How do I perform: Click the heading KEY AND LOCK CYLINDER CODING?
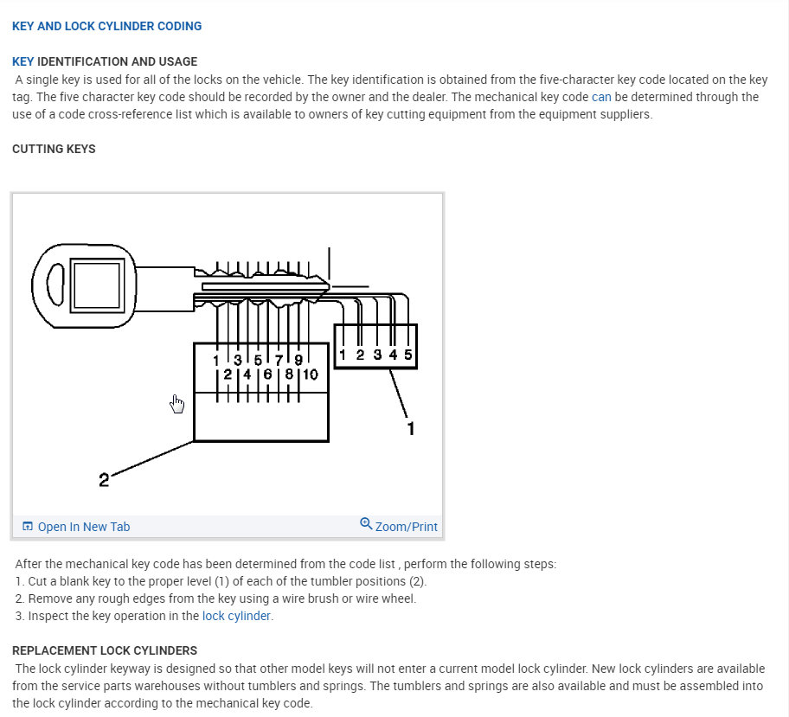(106, 26)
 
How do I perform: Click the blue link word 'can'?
(601, 97)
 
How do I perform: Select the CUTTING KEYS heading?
(54, 149)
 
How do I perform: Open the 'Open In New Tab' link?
(83, 527)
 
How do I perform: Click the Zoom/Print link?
(406, 527)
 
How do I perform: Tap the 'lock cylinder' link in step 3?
(237, 616)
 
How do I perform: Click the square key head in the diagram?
(95, 282)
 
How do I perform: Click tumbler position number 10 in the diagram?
(310, 375)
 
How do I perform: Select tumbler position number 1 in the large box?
(217, 360)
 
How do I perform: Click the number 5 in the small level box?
(407, 355)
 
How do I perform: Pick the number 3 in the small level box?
(377, 355)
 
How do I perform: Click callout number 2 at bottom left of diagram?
(104, 479)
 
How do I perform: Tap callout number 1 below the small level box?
(411, 427)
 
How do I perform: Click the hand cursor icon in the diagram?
(177, 404)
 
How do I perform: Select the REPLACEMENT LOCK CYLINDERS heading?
(105, 650)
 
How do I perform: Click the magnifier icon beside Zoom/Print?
(366, 524)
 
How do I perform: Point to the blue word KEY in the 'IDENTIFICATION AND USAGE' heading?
(23, 61)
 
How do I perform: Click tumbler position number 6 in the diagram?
(267, 375)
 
